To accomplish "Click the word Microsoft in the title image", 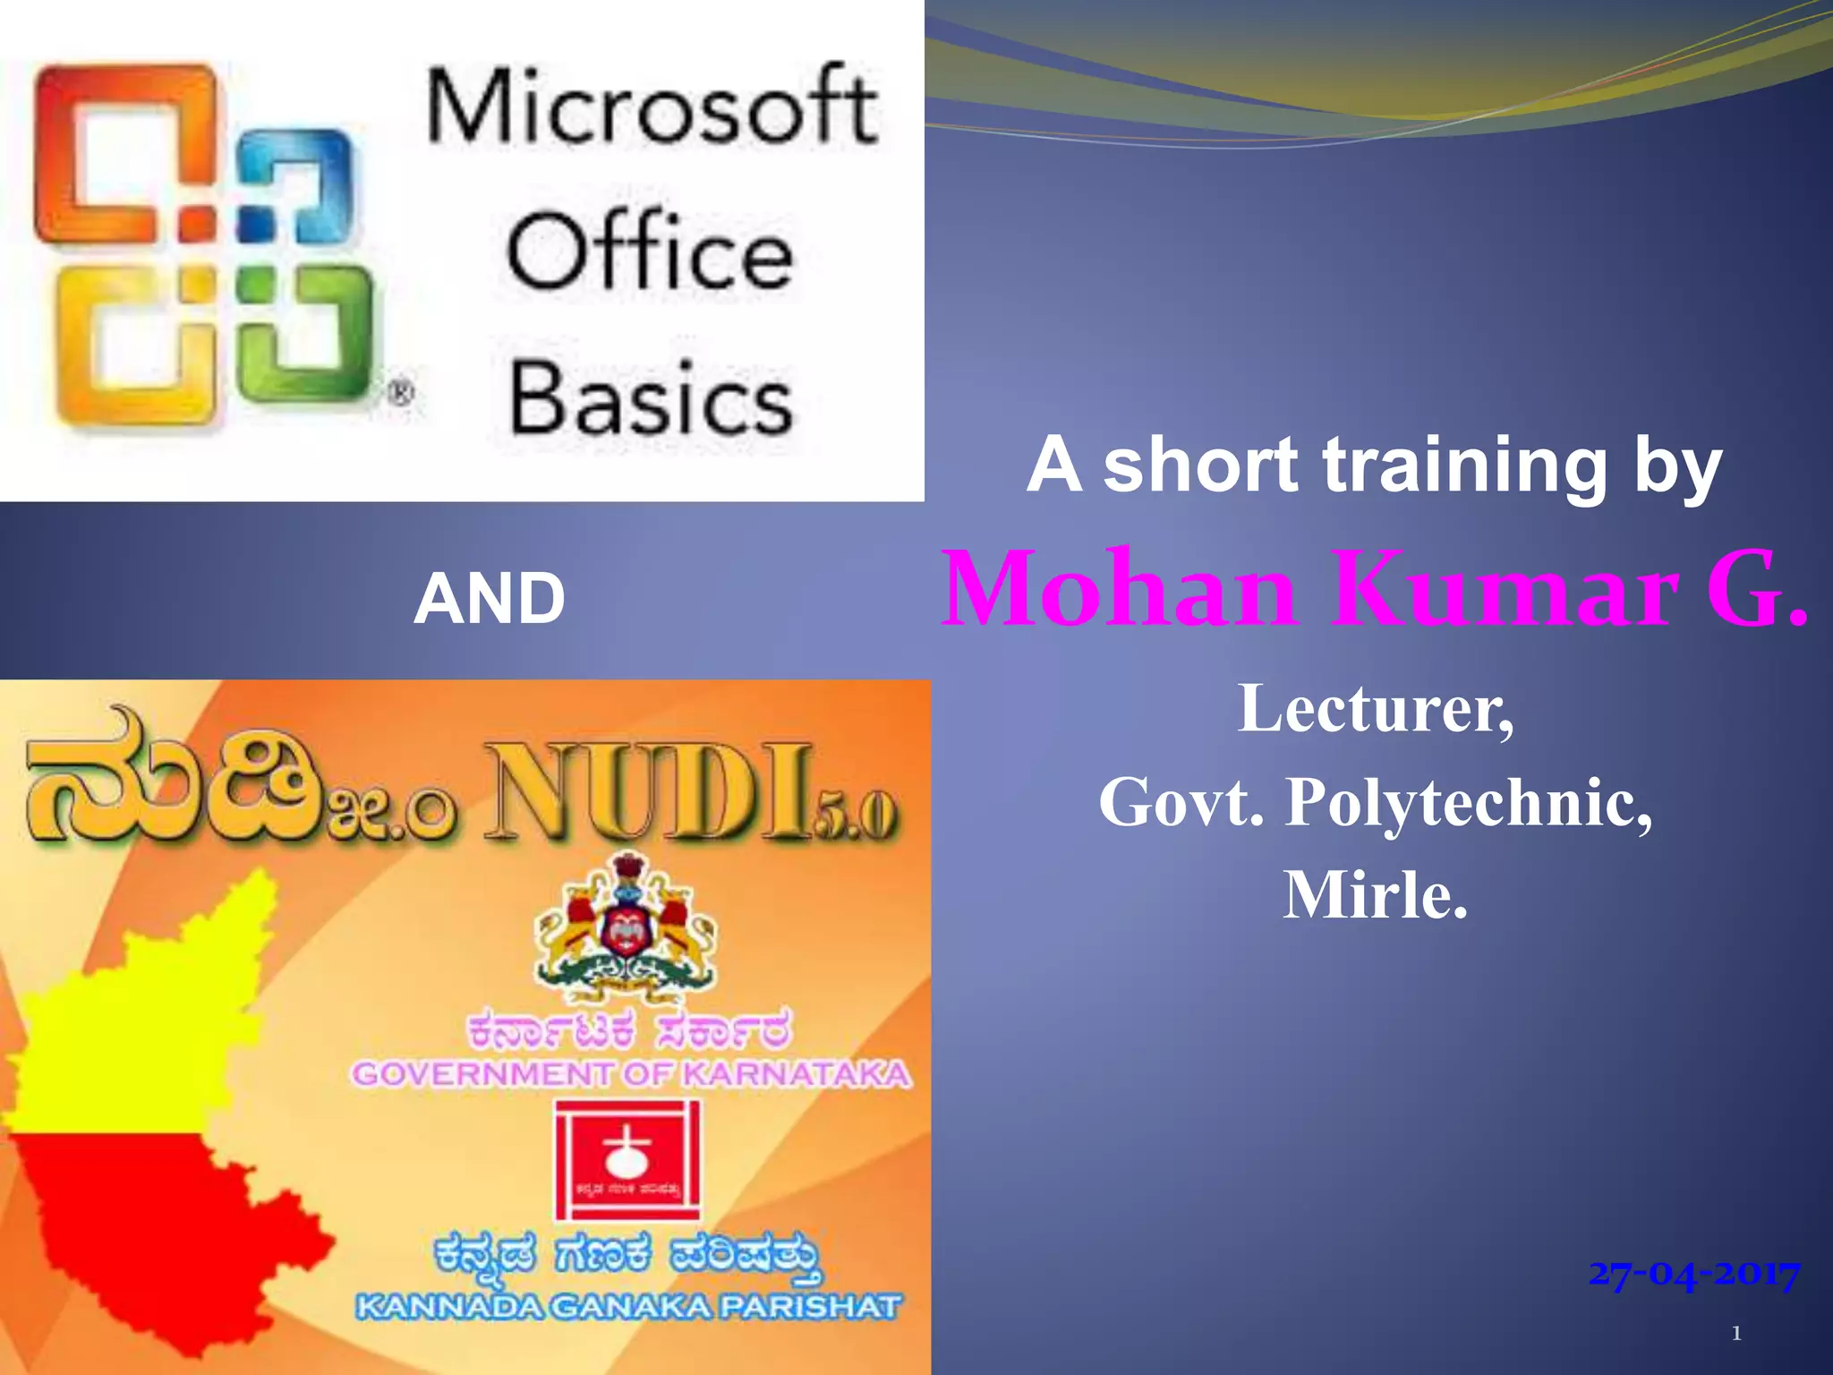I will pos(652,107).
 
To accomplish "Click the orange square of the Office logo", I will pos(125,152).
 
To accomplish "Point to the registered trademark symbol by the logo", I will pos(400,392).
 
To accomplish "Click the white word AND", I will pos(490,598).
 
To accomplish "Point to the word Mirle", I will pos(1376,895).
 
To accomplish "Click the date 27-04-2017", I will pos(1693,1273).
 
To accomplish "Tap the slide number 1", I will pos(1736,1334).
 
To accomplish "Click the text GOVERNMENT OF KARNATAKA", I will pos(631,1073).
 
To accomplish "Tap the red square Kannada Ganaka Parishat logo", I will pos(627,1159).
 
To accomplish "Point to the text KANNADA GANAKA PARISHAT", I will pos(628,1307).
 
